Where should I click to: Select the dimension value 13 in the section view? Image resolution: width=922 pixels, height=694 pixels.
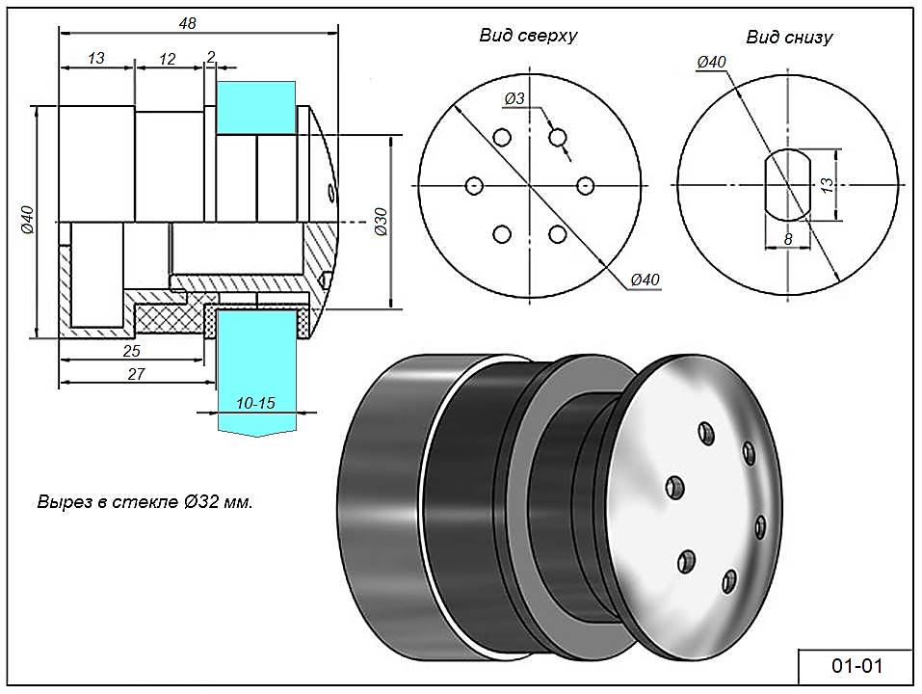[96, 59]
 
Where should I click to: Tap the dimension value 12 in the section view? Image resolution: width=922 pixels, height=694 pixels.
[168, 59]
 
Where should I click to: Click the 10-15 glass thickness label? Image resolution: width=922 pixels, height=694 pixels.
[255, 403]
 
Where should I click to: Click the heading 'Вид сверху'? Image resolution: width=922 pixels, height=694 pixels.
[528, 36]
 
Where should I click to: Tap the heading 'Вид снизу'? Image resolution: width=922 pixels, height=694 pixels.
[789, 38]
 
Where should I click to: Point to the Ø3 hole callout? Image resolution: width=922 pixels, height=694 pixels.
[514, 98]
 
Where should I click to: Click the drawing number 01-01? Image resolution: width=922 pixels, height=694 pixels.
[856, 666]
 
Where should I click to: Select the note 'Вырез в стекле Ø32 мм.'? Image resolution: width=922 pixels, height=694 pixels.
[145, 503]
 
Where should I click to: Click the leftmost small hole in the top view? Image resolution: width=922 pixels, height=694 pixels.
[473, 185]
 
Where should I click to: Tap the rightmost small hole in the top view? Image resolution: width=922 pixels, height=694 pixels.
[583, 185]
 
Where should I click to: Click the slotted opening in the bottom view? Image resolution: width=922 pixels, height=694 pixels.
[787, 184]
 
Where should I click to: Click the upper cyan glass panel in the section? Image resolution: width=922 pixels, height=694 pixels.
[255, 107]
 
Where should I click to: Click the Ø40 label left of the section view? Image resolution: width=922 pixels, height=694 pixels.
[27, 221]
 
